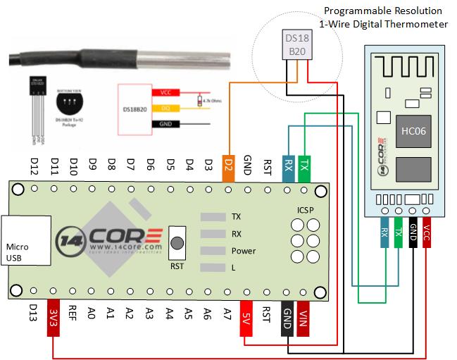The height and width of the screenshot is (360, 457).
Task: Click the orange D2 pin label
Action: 228,165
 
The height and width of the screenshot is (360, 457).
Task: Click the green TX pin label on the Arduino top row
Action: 304,165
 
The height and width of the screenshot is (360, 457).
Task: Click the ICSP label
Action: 306,210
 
